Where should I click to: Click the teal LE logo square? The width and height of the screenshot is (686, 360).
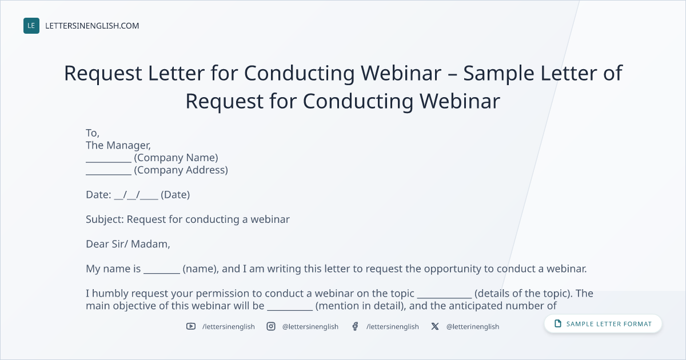click(x=31, y=26)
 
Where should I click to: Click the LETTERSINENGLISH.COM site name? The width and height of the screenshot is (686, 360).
click(x=92, y=26)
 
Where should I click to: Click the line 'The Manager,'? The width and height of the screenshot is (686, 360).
click(x=118, y=145)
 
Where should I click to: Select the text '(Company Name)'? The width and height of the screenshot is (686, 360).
click(x=176, y=158)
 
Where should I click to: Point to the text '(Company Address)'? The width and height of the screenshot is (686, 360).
click(x=181, y=170)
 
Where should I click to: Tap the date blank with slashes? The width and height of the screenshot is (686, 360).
click(x=136, y=195)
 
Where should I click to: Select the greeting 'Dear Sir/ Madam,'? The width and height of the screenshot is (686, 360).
click(x=127, y=244)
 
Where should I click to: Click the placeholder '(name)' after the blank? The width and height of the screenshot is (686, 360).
click(x=201, y=269)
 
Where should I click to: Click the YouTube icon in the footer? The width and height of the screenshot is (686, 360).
click(x=191, y=326)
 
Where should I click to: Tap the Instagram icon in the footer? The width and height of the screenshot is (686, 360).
click(x=271, y=326)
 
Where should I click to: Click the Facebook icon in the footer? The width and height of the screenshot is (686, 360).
click(x=355, y=326)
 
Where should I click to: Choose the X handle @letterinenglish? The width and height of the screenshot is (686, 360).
click(x=473, y=327)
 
